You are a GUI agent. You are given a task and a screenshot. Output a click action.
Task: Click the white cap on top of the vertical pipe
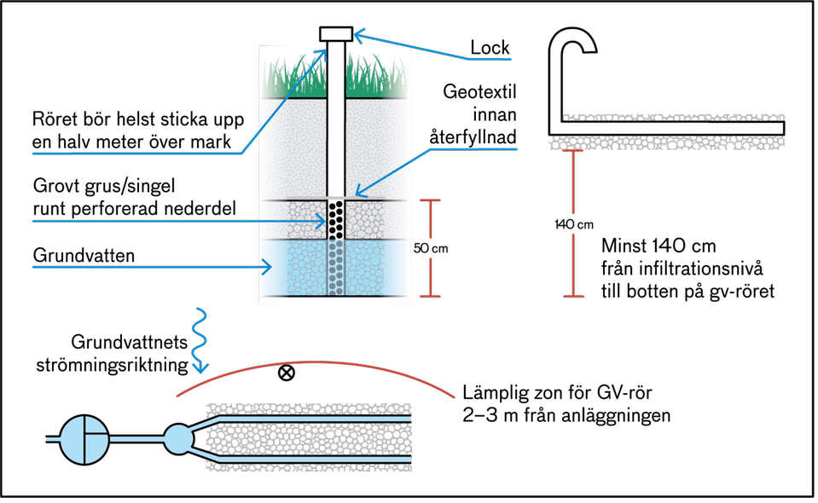click(336, 33)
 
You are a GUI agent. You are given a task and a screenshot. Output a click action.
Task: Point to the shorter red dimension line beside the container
click(431, 247)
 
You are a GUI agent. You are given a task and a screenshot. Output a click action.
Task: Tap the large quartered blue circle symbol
click(85, 439)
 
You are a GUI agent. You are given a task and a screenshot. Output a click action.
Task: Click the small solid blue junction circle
click(178, 439)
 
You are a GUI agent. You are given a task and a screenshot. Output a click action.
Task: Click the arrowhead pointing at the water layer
click(267, 268)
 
